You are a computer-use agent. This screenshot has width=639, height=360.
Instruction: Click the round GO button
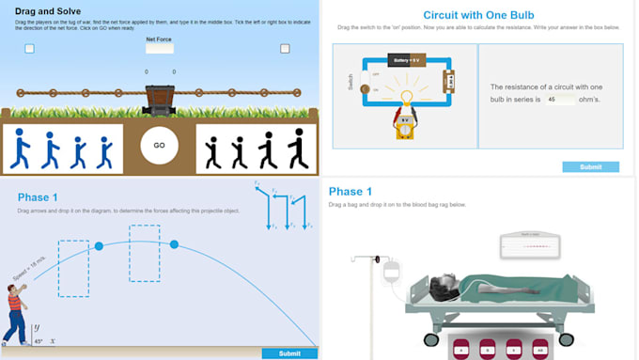tap(159, 146)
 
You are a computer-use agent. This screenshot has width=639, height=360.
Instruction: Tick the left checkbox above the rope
tap(30, 49)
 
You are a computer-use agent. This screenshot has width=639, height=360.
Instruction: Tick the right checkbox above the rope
tap(285, 49)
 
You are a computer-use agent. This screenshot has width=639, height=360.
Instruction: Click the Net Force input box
tap(159, 49)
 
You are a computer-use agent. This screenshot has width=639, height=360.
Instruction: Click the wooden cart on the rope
tap(159, 97)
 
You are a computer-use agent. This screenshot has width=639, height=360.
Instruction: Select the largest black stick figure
tap(297, 149)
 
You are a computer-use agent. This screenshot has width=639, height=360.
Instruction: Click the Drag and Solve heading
tap(48, 11)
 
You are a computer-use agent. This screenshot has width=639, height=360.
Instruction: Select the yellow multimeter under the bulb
tap(405, 126)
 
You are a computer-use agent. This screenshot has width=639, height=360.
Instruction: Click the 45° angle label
tap(39, 341)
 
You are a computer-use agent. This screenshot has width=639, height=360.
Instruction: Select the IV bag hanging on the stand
tap(391, 273)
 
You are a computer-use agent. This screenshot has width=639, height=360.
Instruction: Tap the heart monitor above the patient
tap(533, 246)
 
